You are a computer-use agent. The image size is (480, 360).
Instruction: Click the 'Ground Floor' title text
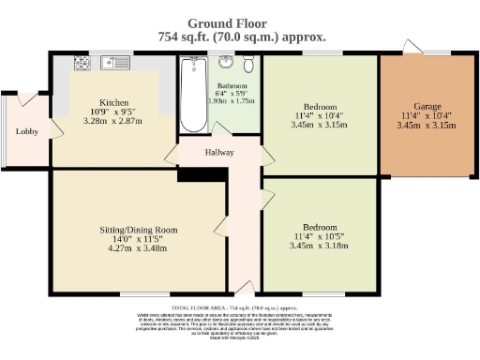[x=239, y=22]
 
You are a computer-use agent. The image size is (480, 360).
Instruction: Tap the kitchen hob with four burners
[x=82, y=64]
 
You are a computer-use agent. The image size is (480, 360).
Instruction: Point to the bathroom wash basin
[x=227, y=64]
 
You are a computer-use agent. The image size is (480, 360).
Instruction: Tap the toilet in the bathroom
[x=247, y=66]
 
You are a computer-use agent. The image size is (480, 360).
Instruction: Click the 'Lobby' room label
[x=26, y=131]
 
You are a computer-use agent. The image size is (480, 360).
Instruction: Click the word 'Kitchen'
[x=113, y=102]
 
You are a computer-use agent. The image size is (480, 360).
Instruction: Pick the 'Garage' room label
[x=427, y=106]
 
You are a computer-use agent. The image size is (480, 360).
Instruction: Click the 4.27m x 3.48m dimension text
[x=139, y=248]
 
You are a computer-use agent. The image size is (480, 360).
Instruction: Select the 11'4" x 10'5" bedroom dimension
[x=320, y=235]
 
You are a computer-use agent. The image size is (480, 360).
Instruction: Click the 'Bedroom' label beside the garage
[x=320, y=105]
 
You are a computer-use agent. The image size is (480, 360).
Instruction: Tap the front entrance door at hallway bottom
[x=244, y=287]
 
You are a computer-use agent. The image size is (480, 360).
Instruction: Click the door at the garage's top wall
[x=410, y=48]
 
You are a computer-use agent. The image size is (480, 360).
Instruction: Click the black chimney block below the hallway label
[x=195, y=174]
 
